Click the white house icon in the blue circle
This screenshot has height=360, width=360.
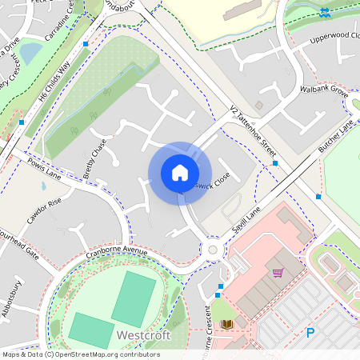(x=180, y=173)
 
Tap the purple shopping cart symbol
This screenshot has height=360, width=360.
(x=278, y=273)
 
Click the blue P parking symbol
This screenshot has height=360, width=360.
(x=310, y=332)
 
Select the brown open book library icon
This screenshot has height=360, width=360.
(x=226, y=324)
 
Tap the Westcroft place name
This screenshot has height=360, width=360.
(x=143, y=335)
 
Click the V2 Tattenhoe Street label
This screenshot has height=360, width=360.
(x=252, y=129)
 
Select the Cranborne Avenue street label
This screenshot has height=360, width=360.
(x=118, y=252)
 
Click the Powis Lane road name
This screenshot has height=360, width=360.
(x=45, y=170)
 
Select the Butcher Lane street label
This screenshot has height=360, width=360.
(x=335, y=137)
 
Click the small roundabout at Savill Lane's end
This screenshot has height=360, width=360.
(x=213, y=250)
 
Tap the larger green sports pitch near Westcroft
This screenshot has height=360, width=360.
(x=134, y=298)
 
